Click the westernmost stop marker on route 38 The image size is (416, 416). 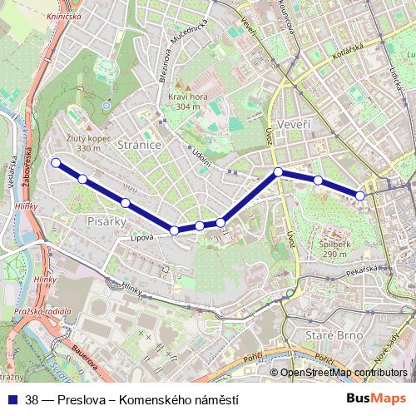56,163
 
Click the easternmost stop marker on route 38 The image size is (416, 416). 360,196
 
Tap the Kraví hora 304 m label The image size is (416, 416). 184,102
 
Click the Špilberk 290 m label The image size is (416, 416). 333,249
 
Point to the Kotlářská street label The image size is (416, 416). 330,61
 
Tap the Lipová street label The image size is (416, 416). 142,237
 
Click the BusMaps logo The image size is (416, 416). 376,399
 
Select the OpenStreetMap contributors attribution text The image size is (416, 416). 344,372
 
